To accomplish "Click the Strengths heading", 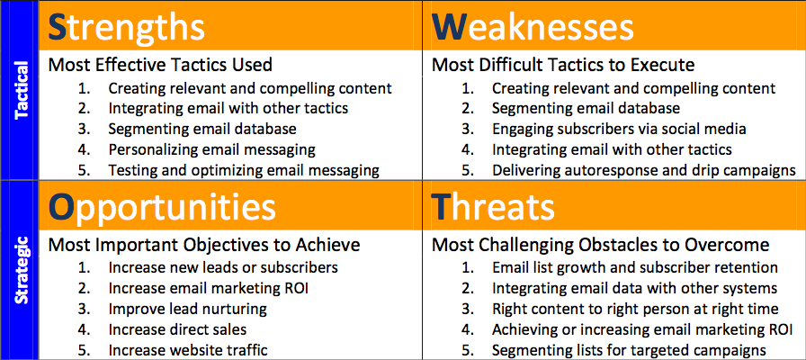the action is coord(126,27).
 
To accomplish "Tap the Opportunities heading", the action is coord(162,207).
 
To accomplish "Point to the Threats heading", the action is coord(493,207).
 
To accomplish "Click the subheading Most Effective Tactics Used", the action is coord(160,66).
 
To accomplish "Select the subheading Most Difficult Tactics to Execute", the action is coord(563,66).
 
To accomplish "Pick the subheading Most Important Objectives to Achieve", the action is coord(204,245).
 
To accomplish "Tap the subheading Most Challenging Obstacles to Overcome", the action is coord(600,245).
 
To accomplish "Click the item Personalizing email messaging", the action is coord(211,149).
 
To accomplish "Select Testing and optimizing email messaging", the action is coord(244,170).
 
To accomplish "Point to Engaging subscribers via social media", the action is coord(619,129).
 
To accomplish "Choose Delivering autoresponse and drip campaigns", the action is coord(644,170).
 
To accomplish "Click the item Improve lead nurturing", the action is coord(188,309).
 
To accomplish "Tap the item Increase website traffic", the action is coord(188,350).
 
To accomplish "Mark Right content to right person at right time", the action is coord(635,309).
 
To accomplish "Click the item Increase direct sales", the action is coord(177,329).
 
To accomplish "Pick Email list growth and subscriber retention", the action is coord(635,268).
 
